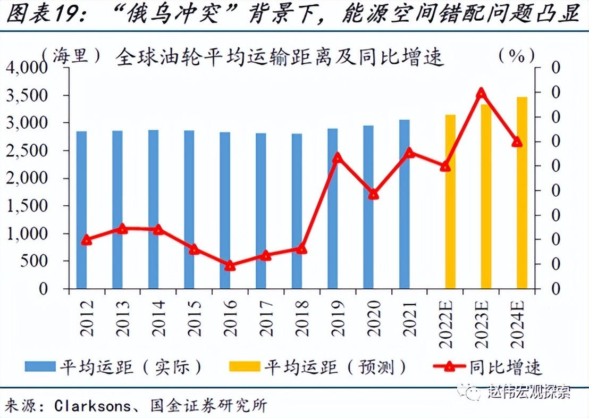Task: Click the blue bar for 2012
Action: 81,210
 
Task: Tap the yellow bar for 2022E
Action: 451,202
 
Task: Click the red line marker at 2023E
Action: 481,93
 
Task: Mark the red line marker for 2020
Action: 374,195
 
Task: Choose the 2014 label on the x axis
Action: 158,319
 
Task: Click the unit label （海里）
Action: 71,56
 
